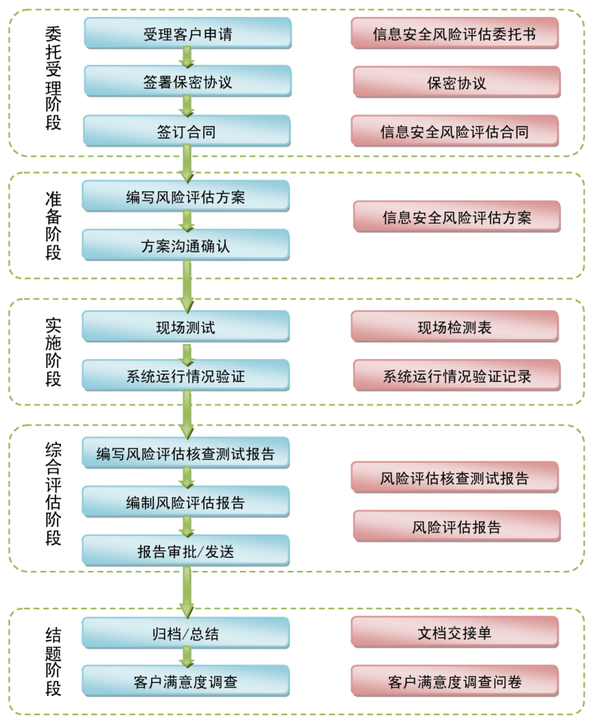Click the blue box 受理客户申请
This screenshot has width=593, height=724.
click(x=187, y=33)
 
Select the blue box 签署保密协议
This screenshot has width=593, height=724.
click(x=187, y=82)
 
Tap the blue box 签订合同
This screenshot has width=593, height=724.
click(x=187, y=131)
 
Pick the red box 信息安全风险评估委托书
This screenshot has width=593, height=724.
click(x=455, y=33)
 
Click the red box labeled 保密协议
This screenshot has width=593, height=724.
click(x=456, y=83)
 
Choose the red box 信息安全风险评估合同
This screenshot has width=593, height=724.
click(x=455, y=131)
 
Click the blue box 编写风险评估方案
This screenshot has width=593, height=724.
click(x=186, y=197)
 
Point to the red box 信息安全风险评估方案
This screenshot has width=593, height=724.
click(x=456, y=217)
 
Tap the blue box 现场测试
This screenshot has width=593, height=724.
click(x=186, y=327)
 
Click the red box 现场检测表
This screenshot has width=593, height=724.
click(x=455, y=327)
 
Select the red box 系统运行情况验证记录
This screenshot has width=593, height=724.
click(x=456, y=375)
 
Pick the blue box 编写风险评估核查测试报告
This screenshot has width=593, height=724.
click(x=186, y=453)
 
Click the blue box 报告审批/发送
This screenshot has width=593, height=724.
click(x=186, y=550)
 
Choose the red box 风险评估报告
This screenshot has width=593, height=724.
click(x=456, y=526)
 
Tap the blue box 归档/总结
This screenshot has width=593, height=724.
click(x=186, y=633)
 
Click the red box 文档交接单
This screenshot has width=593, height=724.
click(x=455, y=633)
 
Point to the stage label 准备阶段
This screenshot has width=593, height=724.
click(x=53, y=226)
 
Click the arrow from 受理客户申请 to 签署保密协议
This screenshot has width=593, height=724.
click(x=186, y=57)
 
